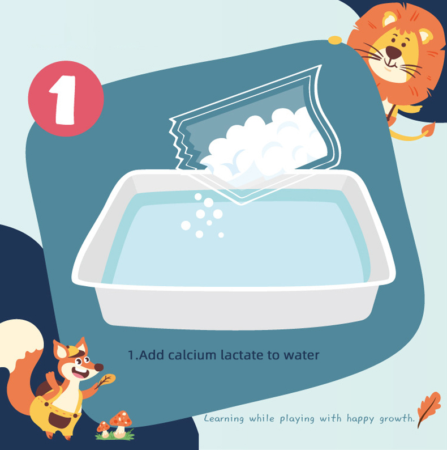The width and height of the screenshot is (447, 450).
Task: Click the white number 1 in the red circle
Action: [x=63, y=100]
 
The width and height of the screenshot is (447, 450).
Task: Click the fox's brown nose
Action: [x=99, y=367]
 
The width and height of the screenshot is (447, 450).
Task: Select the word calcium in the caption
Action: [x=192, y=355]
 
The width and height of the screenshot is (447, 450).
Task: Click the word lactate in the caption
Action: [x=242, y=355]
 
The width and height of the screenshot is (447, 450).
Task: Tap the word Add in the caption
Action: [x=151, y=355]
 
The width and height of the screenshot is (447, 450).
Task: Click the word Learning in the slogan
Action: [x=224, y=418]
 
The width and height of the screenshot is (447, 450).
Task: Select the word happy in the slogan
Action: [x=360, y=419]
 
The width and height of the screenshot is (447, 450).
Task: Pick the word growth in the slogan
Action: [x=397, y=419]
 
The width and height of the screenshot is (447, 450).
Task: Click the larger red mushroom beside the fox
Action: [x=121, y=422]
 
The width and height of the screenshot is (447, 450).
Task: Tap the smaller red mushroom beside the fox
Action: [x=104, y=429]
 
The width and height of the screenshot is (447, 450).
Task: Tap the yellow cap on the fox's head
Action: [x=73, y=351]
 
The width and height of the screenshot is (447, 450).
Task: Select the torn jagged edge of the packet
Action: [x=179, y=143]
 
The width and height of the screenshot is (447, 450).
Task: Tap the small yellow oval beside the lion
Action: [x=335, y=40]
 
